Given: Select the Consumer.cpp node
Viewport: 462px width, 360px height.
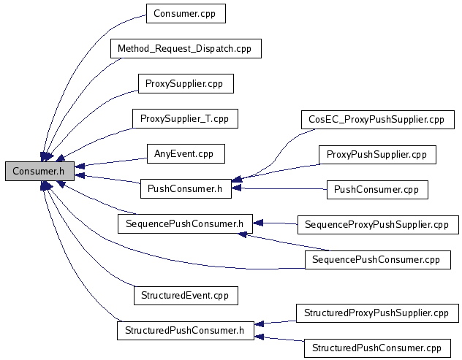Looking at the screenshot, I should tap(185, 13).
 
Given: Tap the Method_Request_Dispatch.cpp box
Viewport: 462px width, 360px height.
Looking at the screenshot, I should tap(186, 49).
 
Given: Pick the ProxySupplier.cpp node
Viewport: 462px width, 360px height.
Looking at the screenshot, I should tap(185, 84).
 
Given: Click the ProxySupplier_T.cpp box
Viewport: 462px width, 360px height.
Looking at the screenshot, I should tap(185, 118).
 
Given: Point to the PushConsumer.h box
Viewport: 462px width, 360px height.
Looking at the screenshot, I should tap(185, 188).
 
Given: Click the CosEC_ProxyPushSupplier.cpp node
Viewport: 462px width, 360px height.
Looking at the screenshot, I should tap(377, 119).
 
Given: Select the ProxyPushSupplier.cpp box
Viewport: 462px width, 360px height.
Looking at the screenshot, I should tap(377, 154).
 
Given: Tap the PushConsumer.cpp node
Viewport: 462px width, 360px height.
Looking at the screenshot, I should tap(377, 188).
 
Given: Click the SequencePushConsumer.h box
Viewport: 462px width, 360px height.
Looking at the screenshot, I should tap(185, 223).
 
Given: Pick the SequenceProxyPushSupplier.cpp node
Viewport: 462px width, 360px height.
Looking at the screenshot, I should tap(377, 224).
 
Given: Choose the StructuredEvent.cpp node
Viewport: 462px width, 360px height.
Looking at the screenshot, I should tap(185, 295).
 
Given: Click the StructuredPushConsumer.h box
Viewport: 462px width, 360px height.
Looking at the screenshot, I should tap(185, 330).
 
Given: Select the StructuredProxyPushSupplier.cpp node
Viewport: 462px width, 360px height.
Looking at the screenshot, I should tap(377, 313).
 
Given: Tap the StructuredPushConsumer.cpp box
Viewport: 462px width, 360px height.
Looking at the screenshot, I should tap(377, 348).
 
